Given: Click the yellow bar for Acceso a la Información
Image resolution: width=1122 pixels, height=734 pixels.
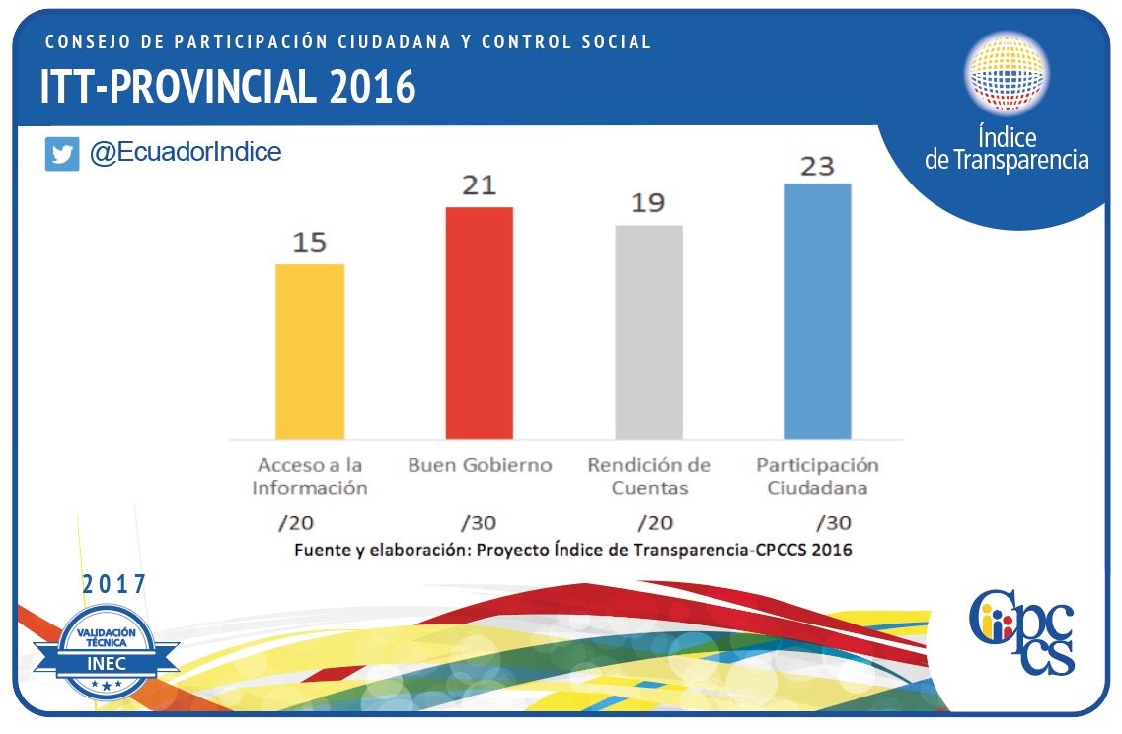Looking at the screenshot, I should (x=310, y=351).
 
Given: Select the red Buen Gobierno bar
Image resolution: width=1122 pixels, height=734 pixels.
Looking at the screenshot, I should (x=479, y=323).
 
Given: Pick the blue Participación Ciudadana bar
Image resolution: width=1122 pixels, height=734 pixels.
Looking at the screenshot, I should (x=817, y=311).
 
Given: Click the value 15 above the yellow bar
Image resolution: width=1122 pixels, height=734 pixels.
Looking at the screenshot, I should (x=310, y=242).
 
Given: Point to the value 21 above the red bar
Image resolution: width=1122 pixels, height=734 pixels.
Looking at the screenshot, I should (x=479, y=185).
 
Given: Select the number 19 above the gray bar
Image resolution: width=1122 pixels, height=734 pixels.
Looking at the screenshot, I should (x=648, y=203).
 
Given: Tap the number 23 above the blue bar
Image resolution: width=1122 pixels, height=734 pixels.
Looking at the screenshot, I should (x=817, y=165).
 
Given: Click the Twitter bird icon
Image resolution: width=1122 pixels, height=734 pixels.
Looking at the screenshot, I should (x=62, y=155).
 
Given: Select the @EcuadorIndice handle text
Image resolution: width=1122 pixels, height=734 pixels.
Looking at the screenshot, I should (x=186, y=153).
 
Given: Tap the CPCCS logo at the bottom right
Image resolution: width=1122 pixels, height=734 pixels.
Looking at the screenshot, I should (x=1021, y=631).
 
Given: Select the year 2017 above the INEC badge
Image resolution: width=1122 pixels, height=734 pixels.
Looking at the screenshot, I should (x=114, y=584).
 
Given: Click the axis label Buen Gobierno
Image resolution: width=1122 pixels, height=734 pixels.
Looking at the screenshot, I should (x=480, y=465).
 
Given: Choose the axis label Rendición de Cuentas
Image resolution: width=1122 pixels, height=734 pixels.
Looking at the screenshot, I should (x=648, y=476).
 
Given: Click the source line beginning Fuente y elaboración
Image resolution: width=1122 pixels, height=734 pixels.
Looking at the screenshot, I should (x=572, y=550).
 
